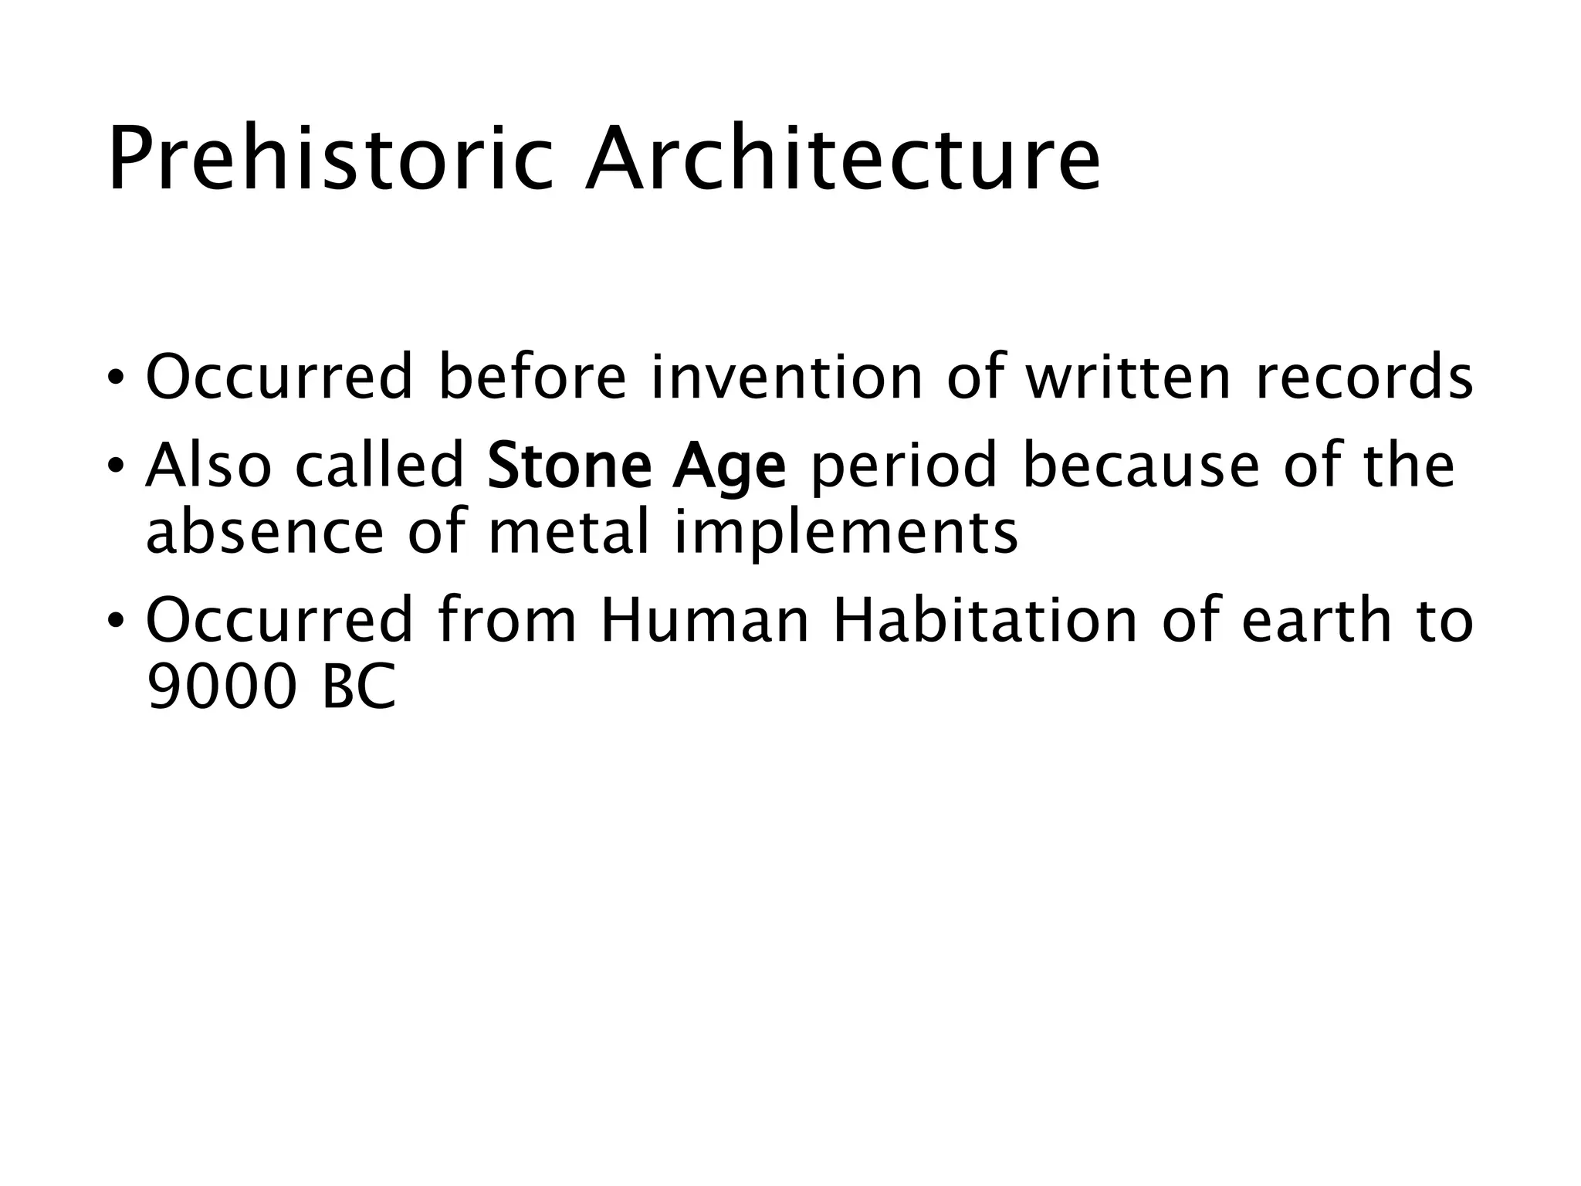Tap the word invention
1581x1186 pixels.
(787, 378)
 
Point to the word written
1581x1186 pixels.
(1127, 378)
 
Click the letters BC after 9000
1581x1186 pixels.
(358, 686)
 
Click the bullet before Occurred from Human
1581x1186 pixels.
(115, 622)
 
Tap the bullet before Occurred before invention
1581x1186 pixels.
(115, 379)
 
